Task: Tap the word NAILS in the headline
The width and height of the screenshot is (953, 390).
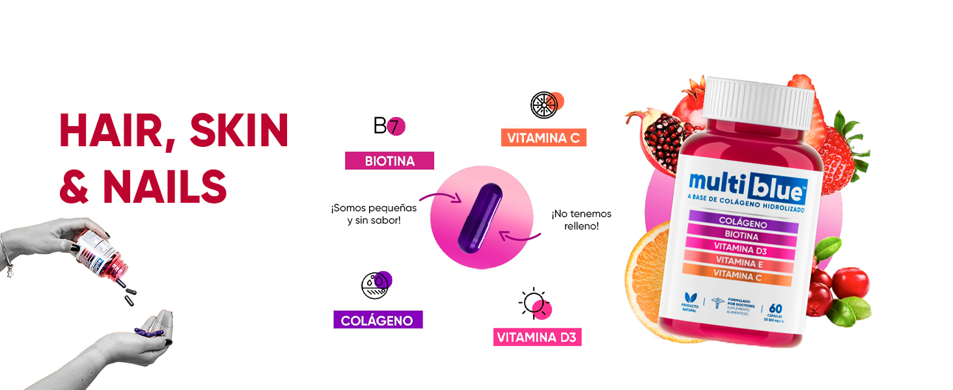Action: (165, 187)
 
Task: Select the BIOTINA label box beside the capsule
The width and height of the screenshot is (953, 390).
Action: (389, 161)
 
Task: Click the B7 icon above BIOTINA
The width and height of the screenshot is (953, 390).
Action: (389, 126)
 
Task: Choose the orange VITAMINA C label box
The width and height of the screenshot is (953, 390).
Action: (543, 137)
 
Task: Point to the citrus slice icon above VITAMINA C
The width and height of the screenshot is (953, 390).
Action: (544, 105)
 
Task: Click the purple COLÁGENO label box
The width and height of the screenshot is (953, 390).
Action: (378, 320)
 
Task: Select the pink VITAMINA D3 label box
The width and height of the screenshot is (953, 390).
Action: (537, 337)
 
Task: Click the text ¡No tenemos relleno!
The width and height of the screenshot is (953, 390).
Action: (581, 220)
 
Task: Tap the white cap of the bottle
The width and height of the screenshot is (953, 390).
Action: (759, 103)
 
